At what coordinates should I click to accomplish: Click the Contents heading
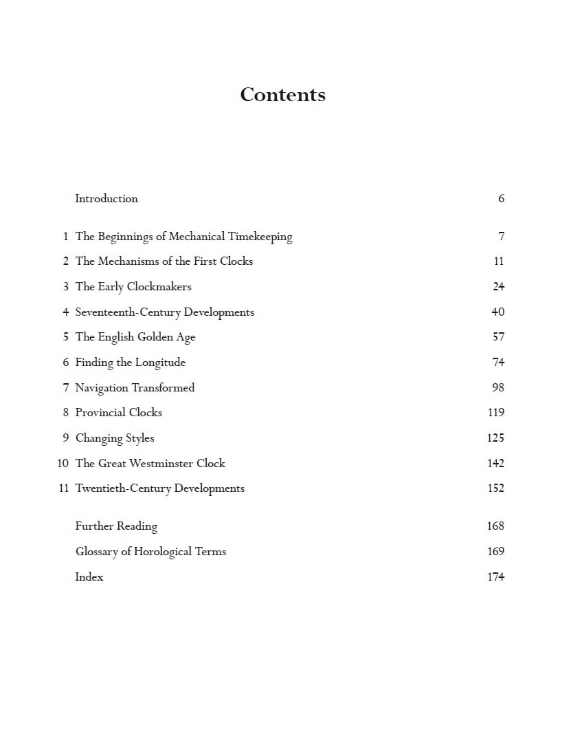[282, 95]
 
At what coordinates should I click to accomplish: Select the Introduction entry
[106, 199]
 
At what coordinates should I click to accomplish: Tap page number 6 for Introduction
[501, 199]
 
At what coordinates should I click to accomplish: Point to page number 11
[499, 261]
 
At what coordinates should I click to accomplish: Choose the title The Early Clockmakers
[133, 287]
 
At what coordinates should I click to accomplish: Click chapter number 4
[66, 312]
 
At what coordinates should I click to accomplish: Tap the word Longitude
[160, 363]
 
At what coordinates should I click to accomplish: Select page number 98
[498, 387]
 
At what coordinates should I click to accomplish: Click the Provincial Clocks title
[119, 413]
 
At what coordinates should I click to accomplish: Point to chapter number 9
[66, 438]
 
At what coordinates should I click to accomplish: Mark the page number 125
[495, 438]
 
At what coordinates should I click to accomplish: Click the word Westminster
[161, 464]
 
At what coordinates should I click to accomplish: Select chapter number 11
[63, 488]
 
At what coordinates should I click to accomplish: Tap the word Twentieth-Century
[123, 488]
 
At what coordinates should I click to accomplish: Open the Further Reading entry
[116, 526]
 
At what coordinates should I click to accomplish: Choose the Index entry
[89, 577]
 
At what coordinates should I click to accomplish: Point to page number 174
[495, 577]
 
